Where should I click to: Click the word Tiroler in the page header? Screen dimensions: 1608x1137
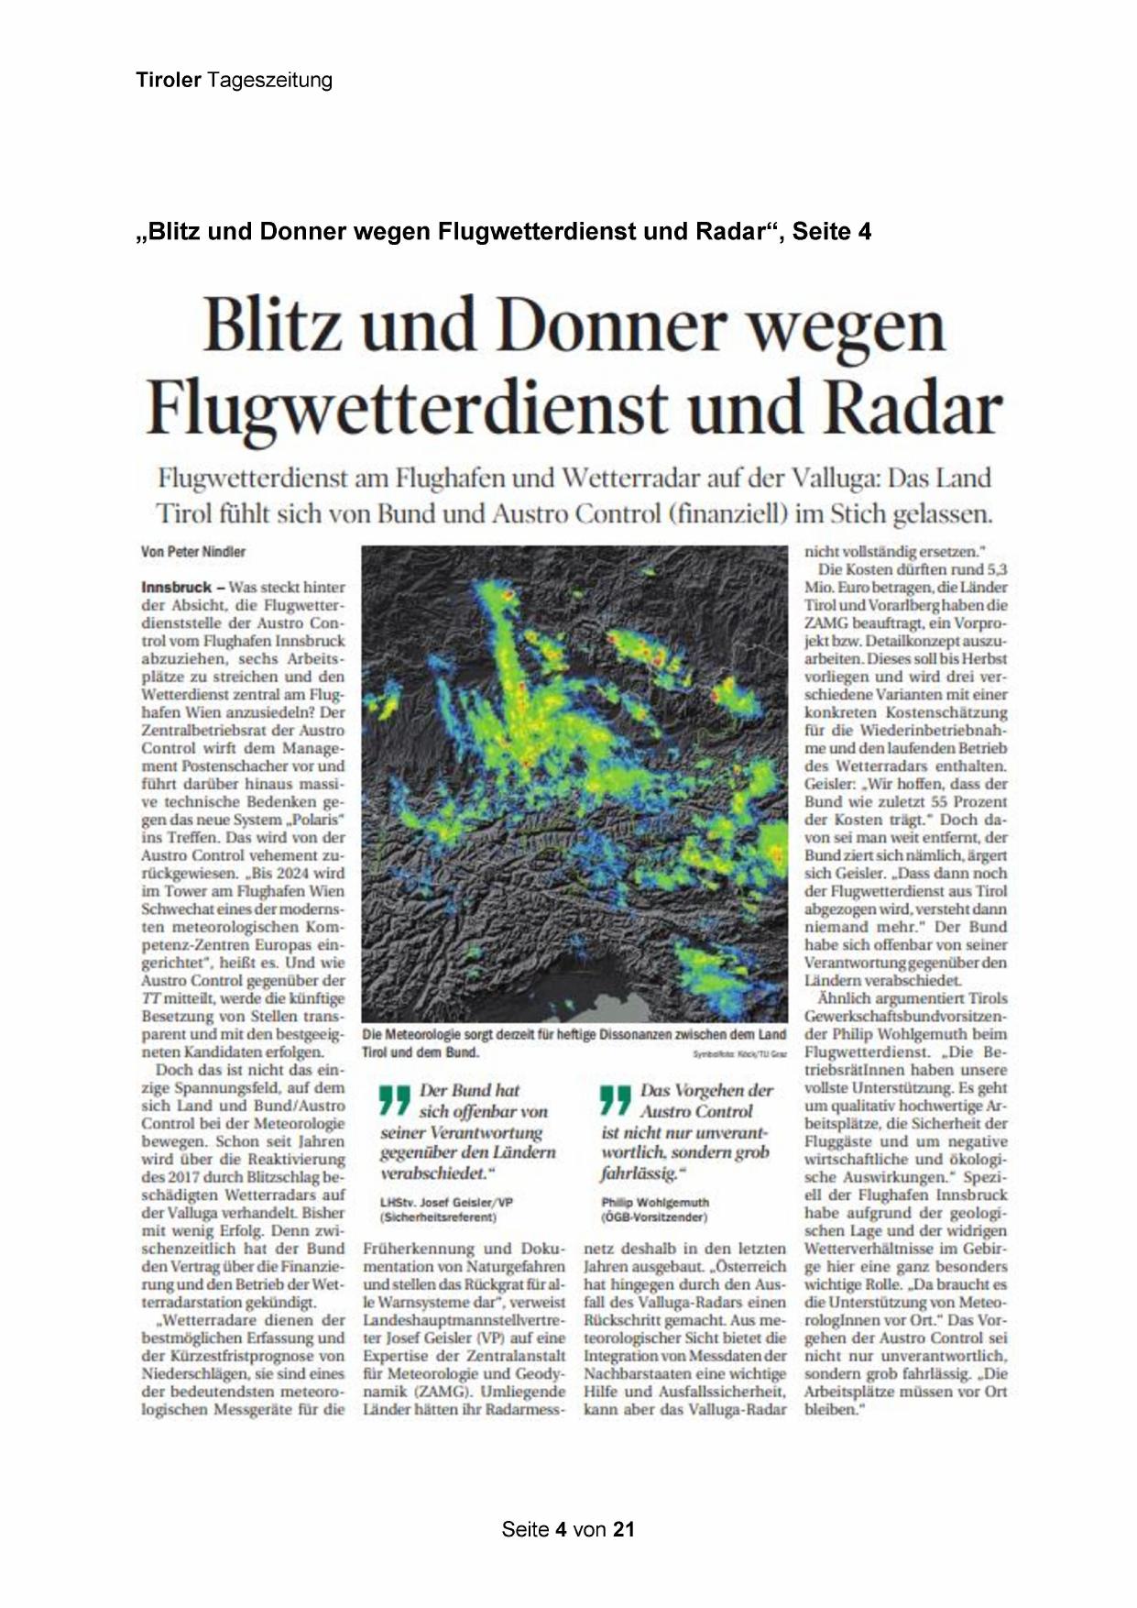click(x=169, y=81)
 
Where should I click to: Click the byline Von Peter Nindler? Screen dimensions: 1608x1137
click(x=193, y=552)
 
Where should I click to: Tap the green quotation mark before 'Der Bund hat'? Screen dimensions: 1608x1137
click(x=394, y=1100)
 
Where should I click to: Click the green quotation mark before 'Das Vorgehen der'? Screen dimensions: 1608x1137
click(x=615, y=1100)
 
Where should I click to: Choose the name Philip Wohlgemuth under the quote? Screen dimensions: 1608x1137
click(x=655, y=1202)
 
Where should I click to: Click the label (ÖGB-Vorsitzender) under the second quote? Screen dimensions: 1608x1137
click(x=654, y=1217)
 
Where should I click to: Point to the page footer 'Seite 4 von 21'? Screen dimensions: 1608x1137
click(x=568, y=1529)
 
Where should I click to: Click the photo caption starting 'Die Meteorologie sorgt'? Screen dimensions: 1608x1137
click(x=574, y=1042)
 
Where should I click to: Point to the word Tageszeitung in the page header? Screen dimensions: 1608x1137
click(x=269, y=81)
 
